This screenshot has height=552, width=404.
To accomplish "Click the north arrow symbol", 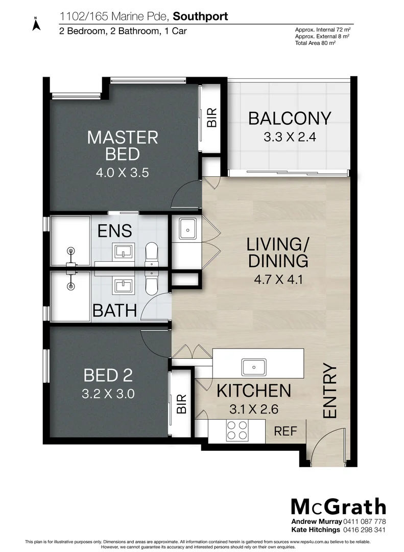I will click(36, 25).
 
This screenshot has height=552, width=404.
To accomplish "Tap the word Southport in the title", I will click(201, 17).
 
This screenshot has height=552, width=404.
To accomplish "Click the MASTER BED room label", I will click(122, 145).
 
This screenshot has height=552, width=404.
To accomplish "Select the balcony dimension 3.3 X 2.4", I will click(289, 137).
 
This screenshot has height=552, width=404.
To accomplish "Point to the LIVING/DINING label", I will click(278, 252).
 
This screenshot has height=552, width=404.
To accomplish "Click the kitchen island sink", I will click(253, 366).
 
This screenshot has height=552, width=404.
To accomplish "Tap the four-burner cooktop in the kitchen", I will click(237, 430).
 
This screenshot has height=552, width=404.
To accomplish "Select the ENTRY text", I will click(330, 392).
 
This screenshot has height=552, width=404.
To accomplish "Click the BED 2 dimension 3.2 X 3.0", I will click(108, 394).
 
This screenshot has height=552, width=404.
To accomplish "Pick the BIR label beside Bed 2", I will click(181, 403).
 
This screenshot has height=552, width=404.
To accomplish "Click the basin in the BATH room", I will click(123, 284).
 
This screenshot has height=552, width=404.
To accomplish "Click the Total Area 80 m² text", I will click(315, 43).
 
